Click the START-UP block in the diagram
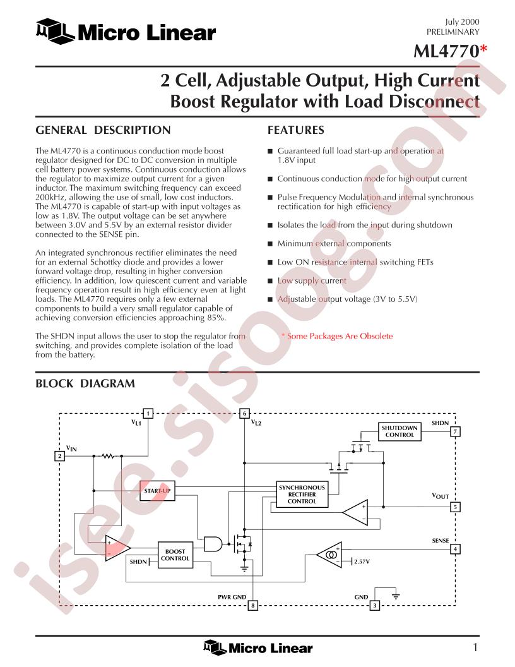click(157, 491)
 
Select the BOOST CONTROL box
click(175, 555)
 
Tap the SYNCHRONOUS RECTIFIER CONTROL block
click(302, 495)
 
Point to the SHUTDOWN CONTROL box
click(400, 431)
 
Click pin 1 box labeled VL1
click(148, 414)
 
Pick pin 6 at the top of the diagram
click(244, 414)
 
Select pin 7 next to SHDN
click(455, 432)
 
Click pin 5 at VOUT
click(455, 507)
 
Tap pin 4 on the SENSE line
click(455, 549)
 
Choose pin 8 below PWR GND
click(253, 605)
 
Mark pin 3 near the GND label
click(374, 605)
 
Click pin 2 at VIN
click(59, 456)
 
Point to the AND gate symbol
click(213, 543)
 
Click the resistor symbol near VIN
click(108, 456)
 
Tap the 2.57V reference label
click(362, 562)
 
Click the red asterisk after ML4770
click(483, 50)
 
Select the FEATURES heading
click(296, 130)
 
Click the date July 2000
click(463, 21)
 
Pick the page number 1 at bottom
click(475, 647)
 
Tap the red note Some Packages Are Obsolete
click(337, 336)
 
